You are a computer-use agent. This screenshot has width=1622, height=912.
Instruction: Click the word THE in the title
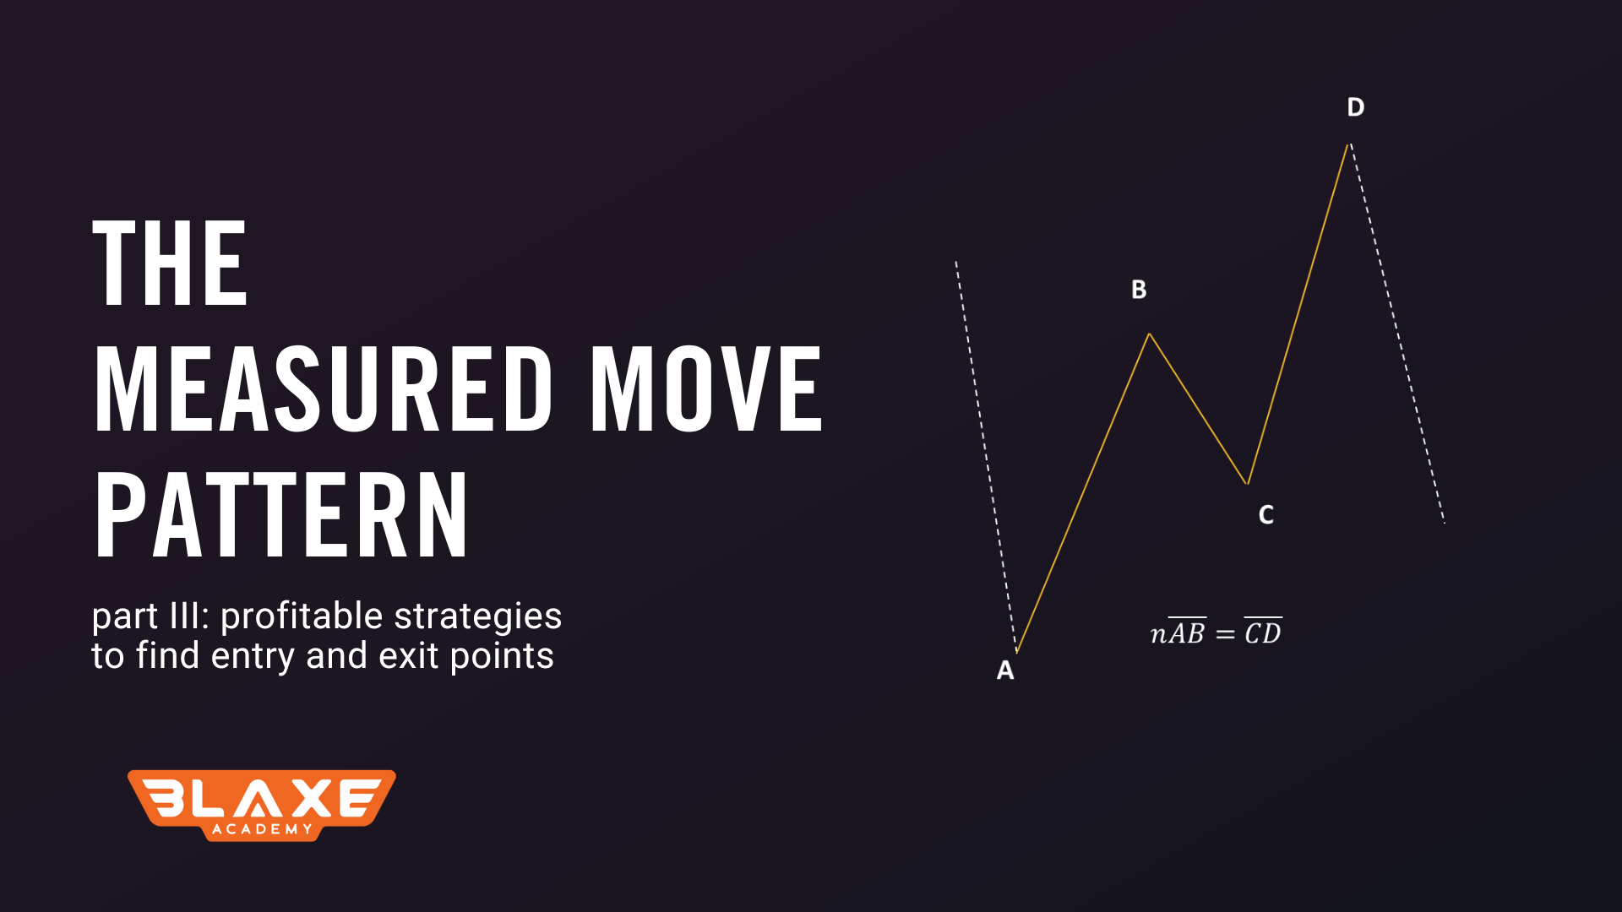[x=170, y=263]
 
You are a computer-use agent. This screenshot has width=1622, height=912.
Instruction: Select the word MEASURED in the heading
[x=324, y=389]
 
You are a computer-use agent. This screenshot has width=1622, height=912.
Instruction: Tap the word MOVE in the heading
[x=705, y=389]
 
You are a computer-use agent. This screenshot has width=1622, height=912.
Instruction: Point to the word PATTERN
[x=280, y=515]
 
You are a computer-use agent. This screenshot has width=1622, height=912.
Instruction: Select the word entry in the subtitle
[x=253, y=657]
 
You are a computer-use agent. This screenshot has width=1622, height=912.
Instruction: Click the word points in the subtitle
[x=502, y=657]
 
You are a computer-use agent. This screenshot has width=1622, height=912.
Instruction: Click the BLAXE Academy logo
[x=262, y=805]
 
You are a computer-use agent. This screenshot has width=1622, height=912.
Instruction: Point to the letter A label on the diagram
[x=1005, y=670]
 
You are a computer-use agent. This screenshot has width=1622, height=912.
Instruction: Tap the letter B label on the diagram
[x=1139, y=290]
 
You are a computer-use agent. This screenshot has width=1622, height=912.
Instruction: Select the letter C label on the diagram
[x=1265, y=515]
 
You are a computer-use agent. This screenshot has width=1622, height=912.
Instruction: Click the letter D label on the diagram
[x=1355, y=107]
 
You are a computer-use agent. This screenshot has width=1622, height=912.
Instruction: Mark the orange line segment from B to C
[x=1199, y=409]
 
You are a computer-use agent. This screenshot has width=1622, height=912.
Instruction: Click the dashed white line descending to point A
[x=986, y=456]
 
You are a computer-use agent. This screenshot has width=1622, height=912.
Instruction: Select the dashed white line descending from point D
[x=1397, y=334]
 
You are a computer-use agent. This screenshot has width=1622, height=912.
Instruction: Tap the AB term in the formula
[x=1187, y=632]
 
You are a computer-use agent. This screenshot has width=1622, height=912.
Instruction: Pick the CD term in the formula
[x=1263, y=632]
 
